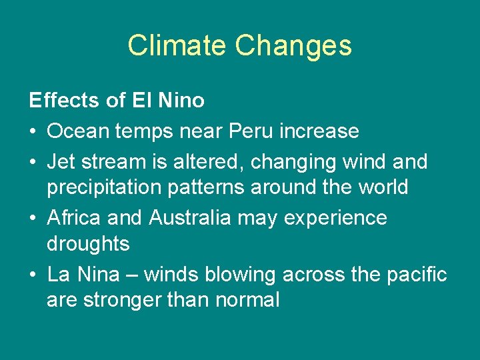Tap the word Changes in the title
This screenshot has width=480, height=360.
pyautogui.click(x=293, y=46)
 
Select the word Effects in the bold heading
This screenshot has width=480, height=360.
pyautogui.click(x=63, y=101)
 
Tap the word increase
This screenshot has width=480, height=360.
pyautogui.click(x=321, y=131)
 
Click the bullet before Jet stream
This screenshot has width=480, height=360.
pyautogui.click(x=33, y=162)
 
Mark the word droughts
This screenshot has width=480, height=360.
pyautogui.click(x=88, y=243)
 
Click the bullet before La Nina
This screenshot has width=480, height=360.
pyautogui.click(x=33, y=274)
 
